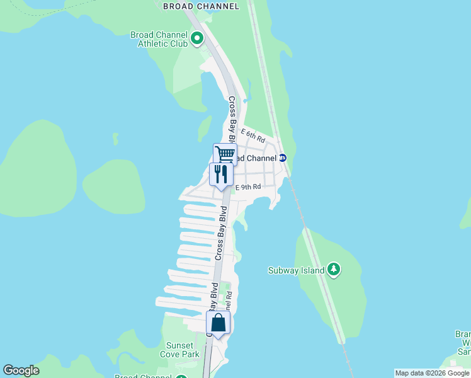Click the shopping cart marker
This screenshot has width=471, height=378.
225,153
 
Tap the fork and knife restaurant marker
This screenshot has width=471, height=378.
220,173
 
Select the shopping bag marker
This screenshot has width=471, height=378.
218,323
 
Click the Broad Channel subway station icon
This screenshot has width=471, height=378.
283,158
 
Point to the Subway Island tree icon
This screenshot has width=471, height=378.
334,270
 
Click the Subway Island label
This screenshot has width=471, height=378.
296,271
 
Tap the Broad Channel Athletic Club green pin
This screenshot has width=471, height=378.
197,40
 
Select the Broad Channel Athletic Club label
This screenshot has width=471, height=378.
159,40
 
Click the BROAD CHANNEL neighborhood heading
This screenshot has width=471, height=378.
201,6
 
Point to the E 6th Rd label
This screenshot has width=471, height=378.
253,135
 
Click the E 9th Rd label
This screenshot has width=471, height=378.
248,187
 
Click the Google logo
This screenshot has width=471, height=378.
21,370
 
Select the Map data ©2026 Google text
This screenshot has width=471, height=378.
432,373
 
